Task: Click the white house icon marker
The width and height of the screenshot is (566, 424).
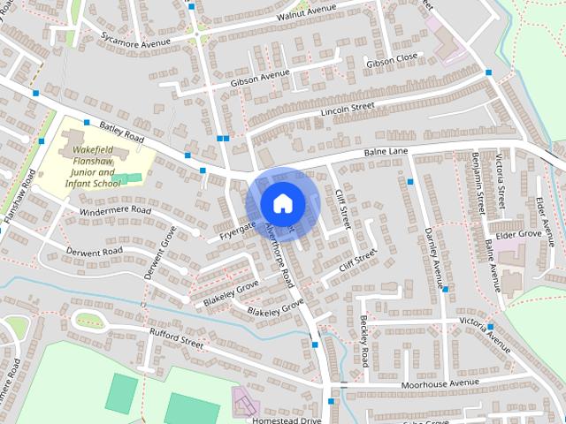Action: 282,202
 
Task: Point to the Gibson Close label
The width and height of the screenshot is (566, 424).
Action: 391,60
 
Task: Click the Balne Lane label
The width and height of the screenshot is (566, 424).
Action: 386,155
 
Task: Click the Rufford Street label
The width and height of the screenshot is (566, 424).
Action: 177,340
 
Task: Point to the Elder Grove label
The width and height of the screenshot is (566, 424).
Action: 518,234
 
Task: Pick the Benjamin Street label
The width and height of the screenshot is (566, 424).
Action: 478,183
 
